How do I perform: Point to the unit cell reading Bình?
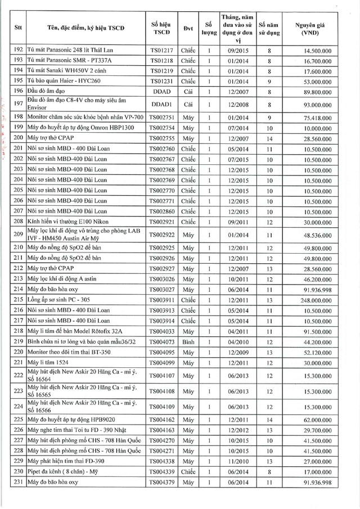coord(188,341)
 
